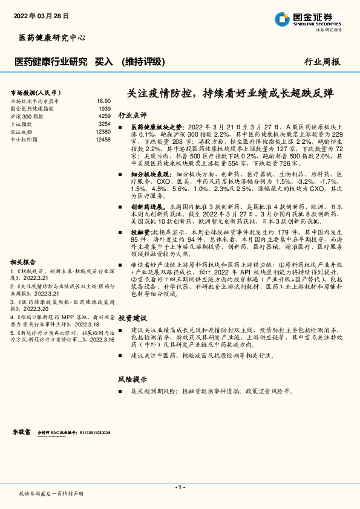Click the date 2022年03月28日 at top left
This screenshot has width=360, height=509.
click(41, 16)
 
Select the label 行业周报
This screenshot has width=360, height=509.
click(322, 62)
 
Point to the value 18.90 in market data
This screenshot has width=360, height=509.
click(103, 101)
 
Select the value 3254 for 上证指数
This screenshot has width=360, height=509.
click(105, 124)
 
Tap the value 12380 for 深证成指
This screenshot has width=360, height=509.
click(103, 131)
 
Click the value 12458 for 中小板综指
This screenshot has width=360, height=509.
click(103, 139)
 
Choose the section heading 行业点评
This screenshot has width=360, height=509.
click(133, 114)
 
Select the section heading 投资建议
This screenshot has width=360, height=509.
click(133, 317)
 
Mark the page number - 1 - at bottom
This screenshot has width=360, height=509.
click(180, 487)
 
